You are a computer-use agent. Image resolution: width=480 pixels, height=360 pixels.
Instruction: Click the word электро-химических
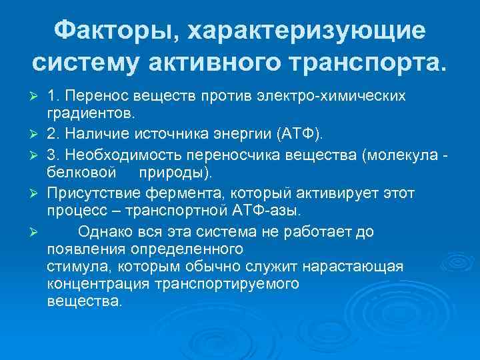345,97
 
